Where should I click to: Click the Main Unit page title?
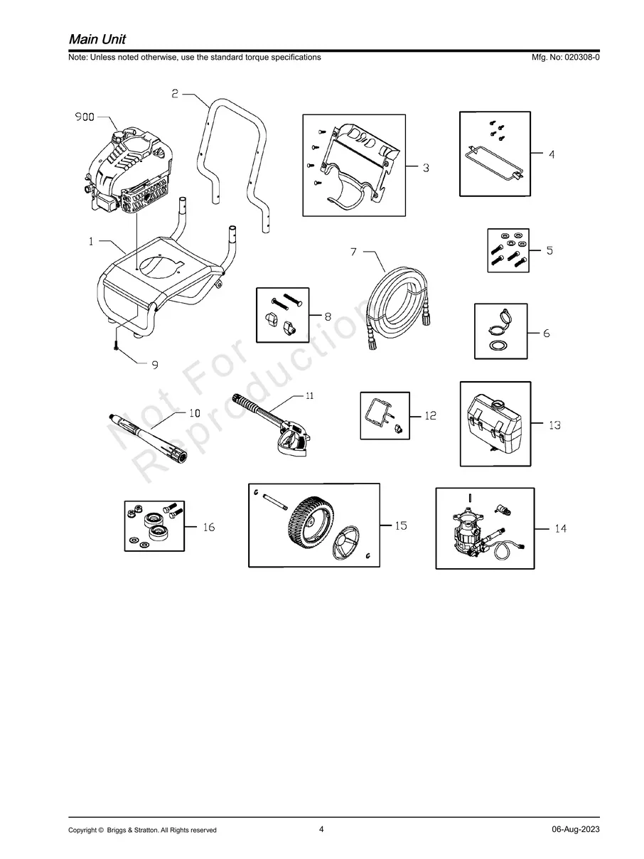point(97,38)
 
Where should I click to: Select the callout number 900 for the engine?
point(85,117)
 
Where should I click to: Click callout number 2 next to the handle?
point(175,93)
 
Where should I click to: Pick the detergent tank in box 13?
point(495,425)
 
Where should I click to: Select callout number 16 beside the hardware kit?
point(208,528)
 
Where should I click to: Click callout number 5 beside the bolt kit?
point(549,250)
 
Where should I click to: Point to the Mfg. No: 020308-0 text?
point(565,57)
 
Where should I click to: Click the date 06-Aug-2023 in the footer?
point(575,829)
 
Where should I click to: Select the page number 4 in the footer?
point(321,828)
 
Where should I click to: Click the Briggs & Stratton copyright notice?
point(142,830)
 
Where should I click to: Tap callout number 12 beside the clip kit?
point(430,416)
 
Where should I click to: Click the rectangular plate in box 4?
point(494,161)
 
